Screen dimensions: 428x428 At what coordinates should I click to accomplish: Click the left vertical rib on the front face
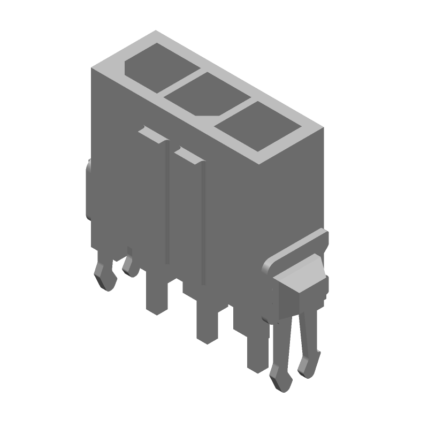tap(167, 203)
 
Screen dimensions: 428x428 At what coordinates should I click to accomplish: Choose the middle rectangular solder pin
tap(207, 324)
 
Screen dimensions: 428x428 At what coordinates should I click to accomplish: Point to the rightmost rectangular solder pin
tap(257, 350)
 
